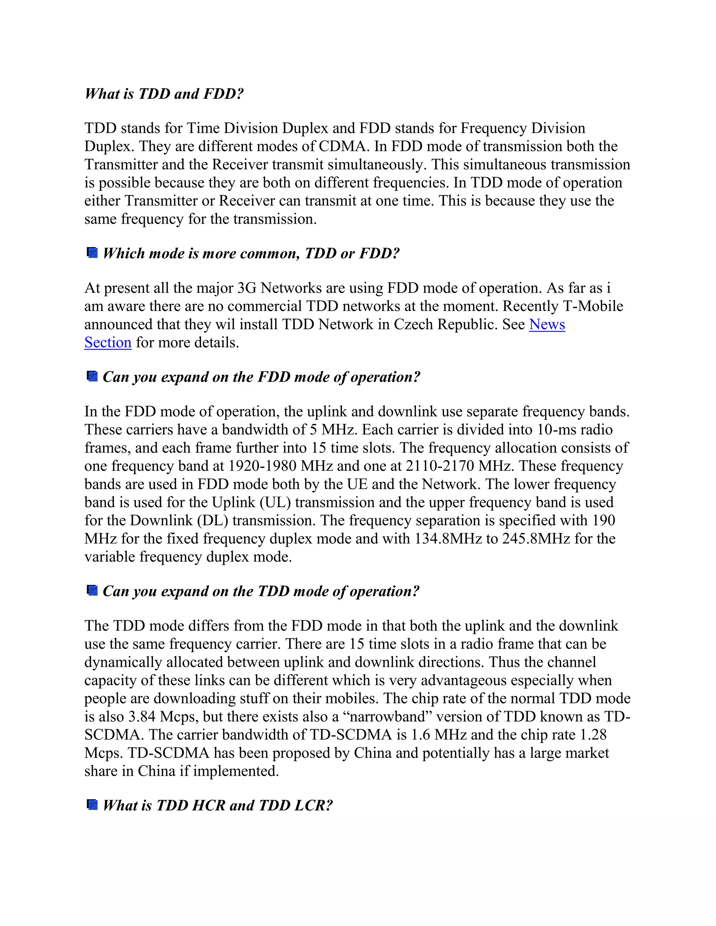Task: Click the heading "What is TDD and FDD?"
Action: click(164, 94)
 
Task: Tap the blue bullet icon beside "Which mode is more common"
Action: click(92, 253)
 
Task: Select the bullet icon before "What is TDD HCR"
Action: click(92, 804)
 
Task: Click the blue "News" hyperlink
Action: click(547, 324)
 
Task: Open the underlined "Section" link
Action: click(108, 342)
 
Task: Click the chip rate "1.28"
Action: click(593, 735)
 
